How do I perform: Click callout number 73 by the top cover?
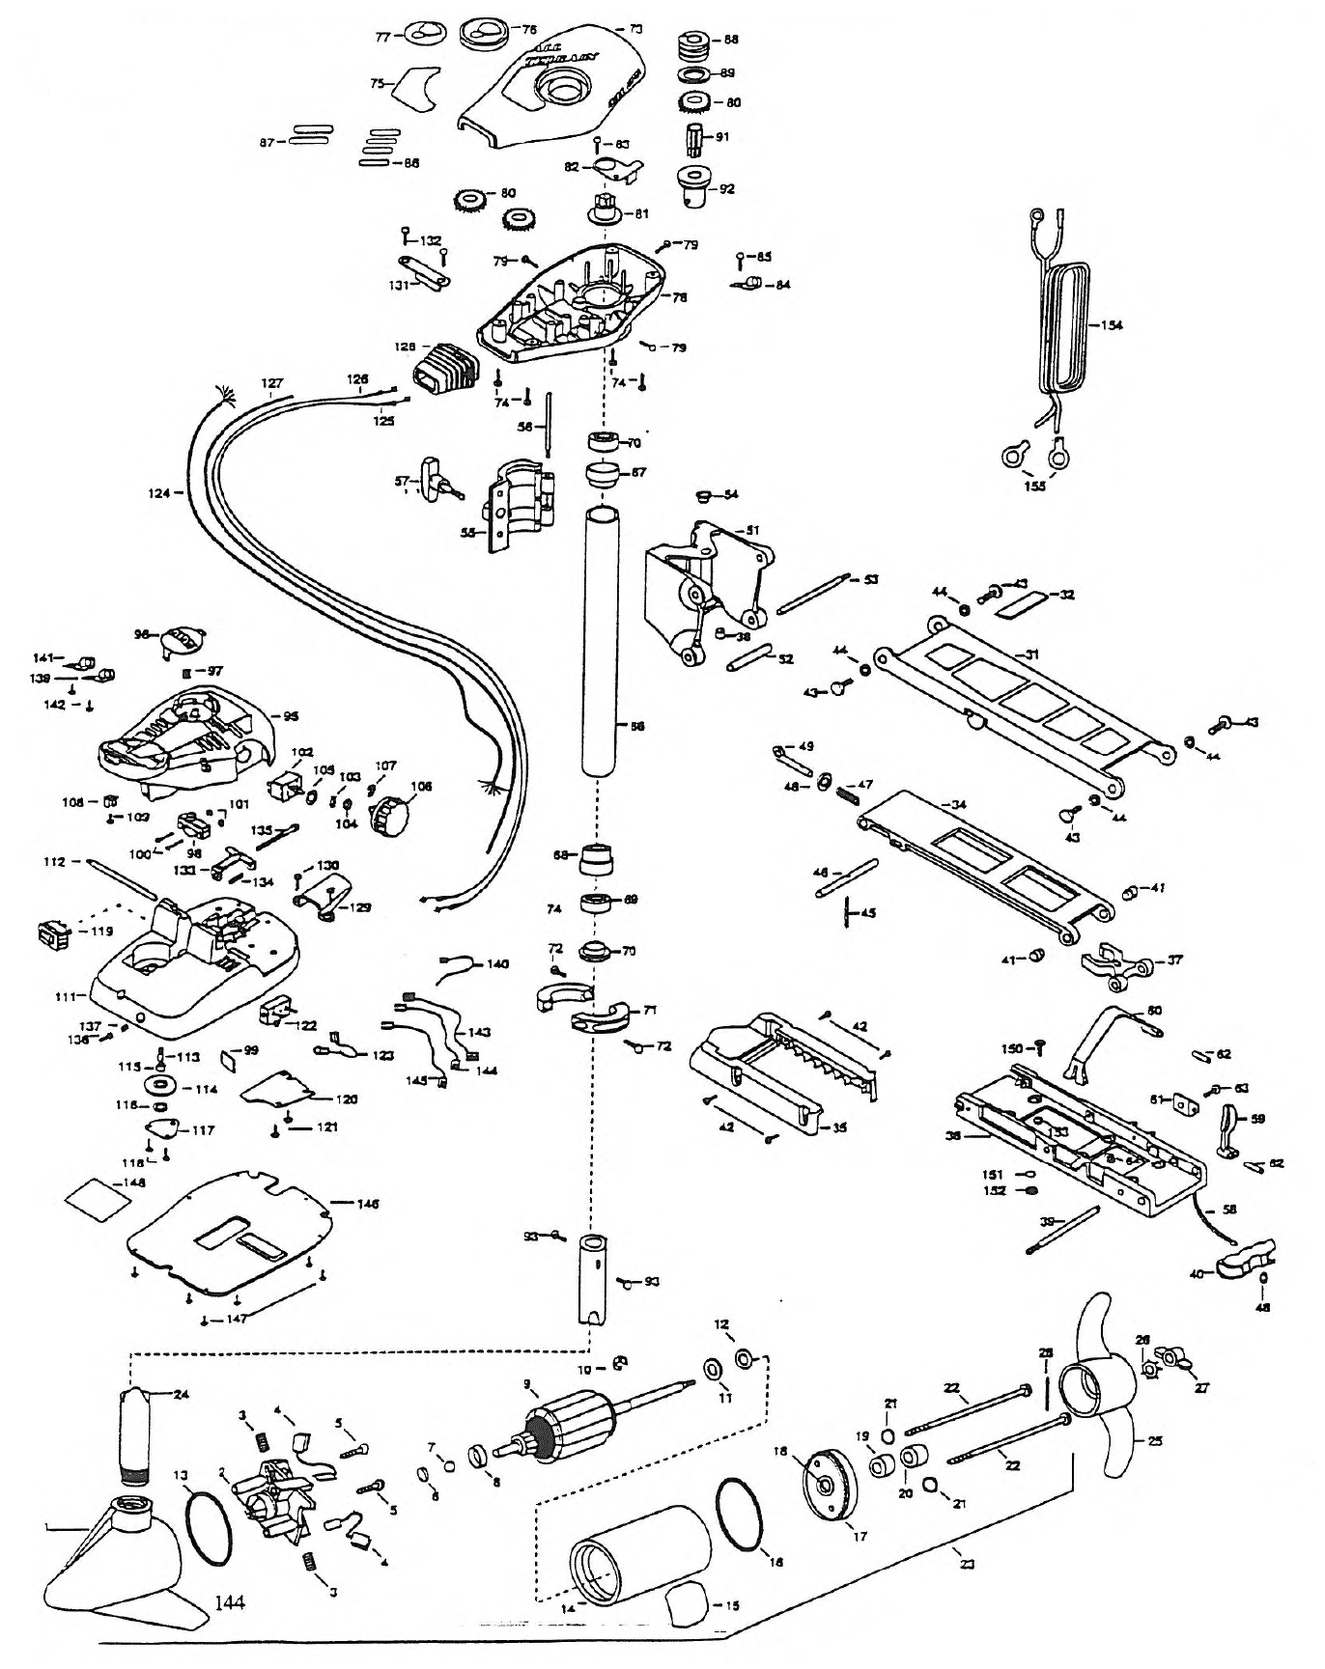click(x=634, y=30)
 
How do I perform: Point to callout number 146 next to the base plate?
click(x=366, y=1204)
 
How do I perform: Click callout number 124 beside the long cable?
click(x=159, y=493)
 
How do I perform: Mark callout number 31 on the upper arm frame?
click(x=1032, y=654)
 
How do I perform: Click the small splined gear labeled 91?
click(x=696, y=137)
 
